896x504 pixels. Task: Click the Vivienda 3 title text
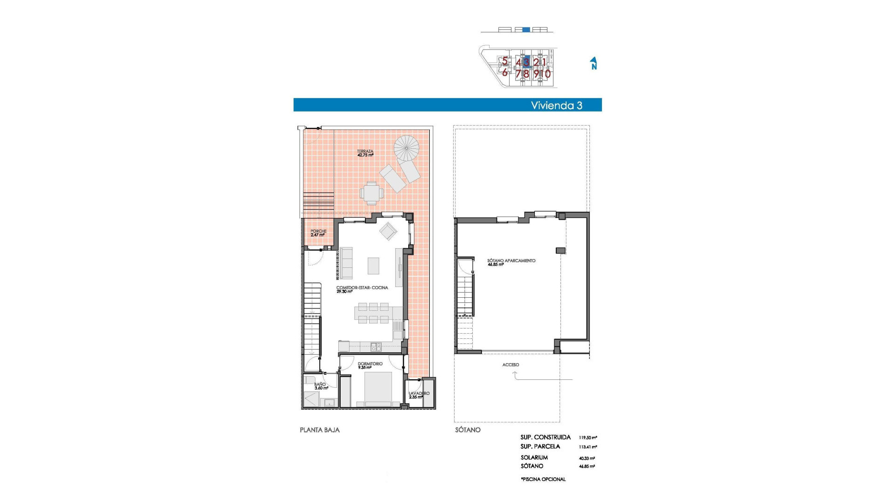tap(556, 105)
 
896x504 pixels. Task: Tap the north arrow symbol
tap(594, 63)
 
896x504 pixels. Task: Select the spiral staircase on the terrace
tap(406, 148)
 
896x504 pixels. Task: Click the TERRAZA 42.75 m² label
tap(365, 153)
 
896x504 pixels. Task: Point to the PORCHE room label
tap(318, 233)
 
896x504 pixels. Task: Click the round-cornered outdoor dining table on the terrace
tap(371, 193)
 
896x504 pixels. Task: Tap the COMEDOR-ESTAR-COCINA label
tap(362, 289)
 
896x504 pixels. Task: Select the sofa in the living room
tap(346, 263)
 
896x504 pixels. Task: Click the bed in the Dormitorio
tap(378, 389)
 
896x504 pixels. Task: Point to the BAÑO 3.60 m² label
tap(321, 386)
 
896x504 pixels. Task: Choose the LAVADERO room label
tap(419, 395)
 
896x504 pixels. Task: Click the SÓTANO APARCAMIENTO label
tap(511, 262)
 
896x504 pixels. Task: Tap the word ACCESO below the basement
tap(511, 365)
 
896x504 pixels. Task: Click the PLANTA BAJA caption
tap(320, 430)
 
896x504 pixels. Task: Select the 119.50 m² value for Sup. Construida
tap(588, 438)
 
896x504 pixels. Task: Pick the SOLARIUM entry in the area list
tap(534, 457)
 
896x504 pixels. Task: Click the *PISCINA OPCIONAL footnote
tap(543, 479)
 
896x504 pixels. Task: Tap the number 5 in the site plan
tap(504, 61)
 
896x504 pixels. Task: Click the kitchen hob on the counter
tap(376, 347)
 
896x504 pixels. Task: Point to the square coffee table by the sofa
tap(373, 266)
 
